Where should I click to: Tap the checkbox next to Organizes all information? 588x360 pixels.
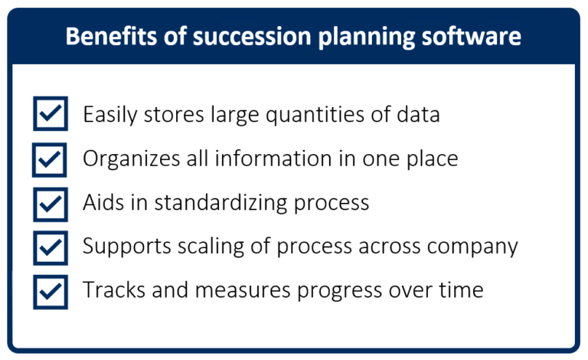click(51, 159)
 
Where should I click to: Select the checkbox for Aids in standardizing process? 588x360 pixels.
click(51, 203)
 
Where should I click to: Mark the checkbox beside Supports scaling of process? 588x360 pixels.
click(51, 247)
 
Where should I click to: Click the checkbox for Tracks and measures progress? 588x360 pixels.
click(51, 291)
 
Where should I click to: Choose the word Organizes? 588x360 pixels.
click(129, 159)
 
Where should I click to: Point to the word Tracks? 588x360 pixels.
click(109, 290)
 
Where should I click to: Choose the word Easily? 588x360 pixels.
click(109, 116)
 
